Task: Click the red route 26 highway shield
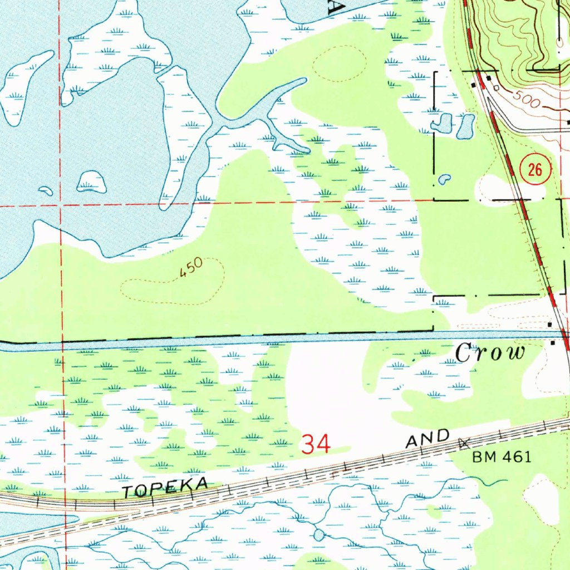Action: point(535,170)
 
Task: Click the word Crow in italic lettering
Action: point(490,353)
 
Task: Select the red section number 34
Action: point(316,444)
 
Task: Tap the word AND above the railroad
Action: point(427,439)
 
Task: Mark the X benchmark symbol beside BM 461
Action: point(464,443)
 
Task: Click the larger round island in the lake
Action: point(91,181)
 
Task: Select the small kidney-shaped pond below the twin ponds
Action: point(444,179)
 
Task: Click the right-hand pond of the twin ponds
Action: point(465,127)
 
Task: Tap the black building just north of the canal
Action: point(550,324)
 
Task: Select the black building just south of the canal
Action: point(552,343)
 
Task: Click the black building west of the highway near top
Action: point(473,85)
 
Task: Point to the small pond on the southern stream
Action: point(318,535)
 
